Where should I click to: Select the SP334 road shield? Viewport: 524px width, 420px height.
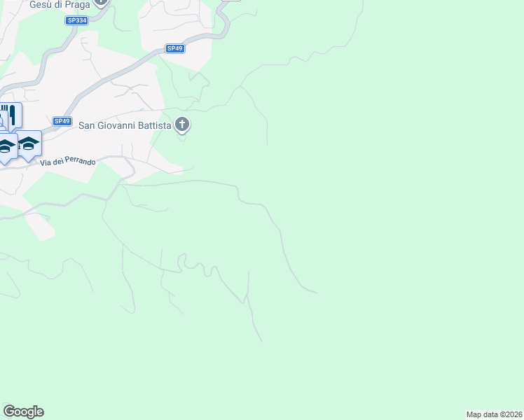coord(76,21)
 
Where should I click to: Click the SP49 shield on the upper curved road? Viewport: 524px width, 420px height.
coord(174,48)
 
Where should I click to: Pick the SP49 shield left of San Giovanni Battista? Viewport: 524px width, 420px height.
coord(62,121)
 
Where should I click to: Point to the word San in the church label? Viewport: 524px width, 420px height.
coord(86,126)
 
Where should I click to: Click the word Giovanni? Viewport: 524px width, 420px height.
coord(116,126)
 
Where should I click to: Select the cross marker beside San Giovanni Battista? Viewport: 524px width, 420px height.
coord(182,125)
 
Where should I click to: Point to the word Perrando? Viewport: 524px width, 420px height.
coord(80,162)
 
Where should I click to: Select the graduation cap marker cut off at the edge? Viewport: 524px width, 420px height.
coord(6,147)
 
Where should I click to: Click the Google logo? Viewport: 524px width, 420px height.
coord(23,412)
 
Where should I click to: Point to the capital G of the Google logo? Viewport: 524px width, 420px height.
coord(8,412)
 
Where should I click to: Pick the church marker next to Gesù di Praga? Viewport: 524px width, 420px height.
coord(101,2)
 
